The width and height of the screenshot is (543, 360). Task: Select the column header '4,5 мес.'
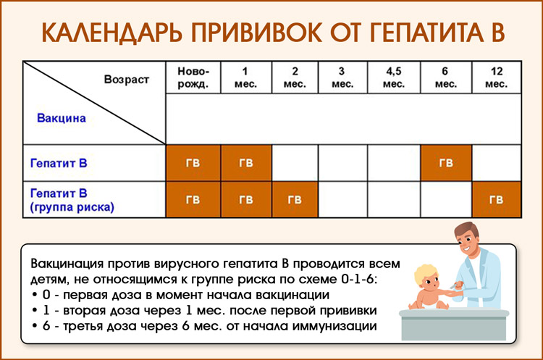pyautogui.click(x=393, y=78)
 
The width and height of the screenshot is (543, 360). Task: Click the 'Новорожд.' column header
pyautogui.click(x=193, y=78)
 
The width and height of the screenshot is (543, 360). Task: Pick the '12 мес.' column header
pyautogui.click(x=496, y=78)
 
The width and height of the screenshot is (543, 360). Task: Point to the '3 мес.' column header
pyautogui.click(x=342, y=78)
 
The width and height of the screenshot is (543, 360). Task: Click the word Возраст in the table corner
pyautogui.click(x=126, y=79)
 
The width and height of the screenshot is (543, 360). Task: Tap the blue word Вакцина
pyautogui.click(x=62, y=117)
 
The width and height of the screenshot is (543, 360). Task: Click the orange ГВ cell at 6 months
pyautogui.click(x=446, y=163)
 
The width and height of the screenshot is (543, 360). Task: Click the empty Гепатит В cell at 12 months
pyautogui.click(x=496, y=163)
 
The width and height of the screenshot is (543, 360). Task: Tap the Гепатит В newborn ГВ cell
pyautogui.click(x=193, y=163)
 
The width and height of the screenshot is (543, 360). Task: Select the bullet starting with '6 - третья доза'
pyautogui.click(x=210, y=326)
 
